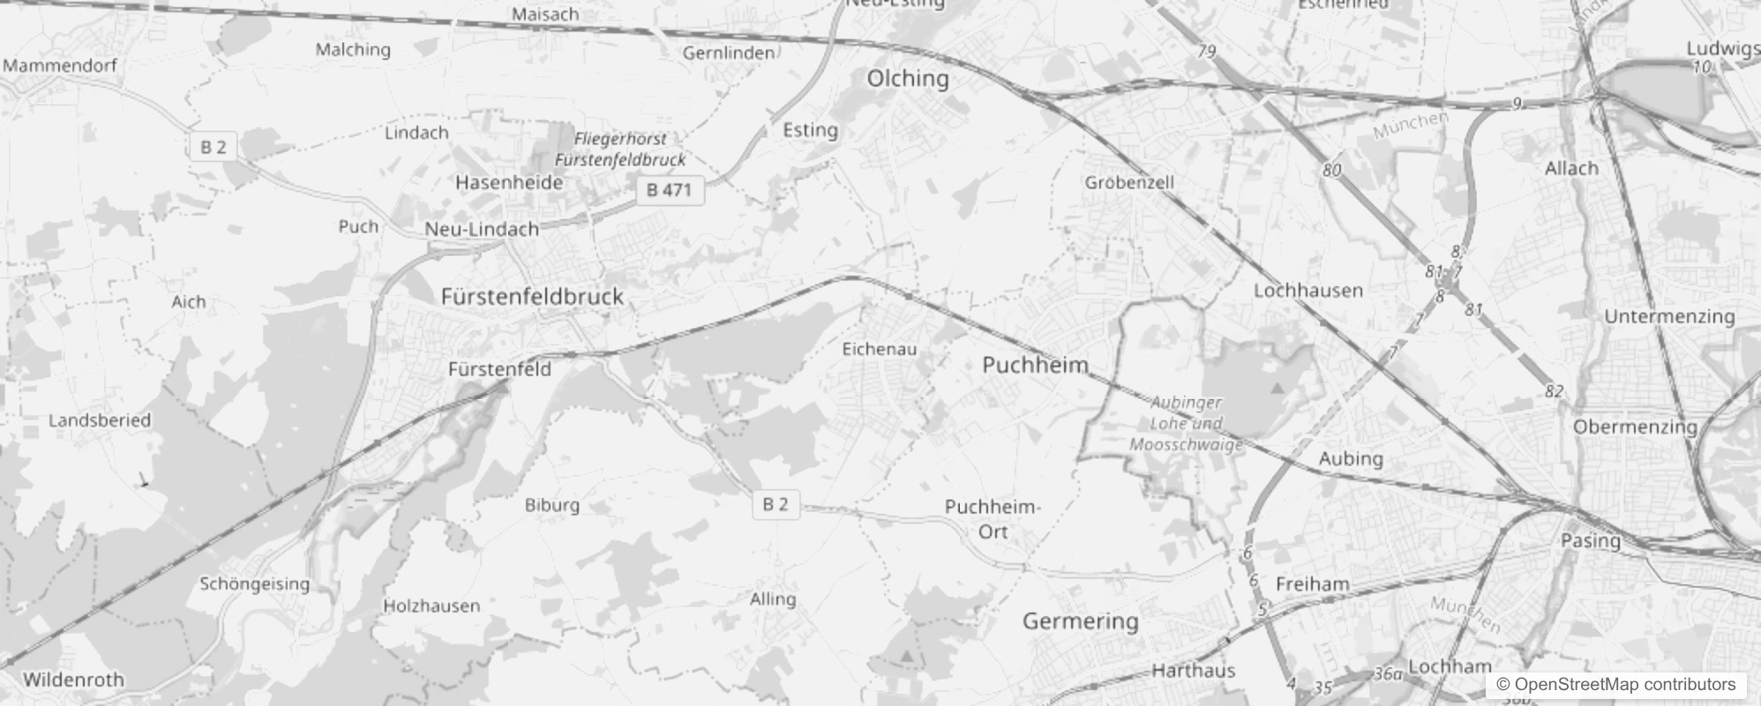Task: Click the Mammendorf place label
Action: click(60, 65)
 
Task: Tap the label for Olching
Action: click(908, 79)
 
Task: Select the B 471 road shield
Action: click(670, 190)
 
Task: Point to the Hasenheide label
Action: click(509, 183)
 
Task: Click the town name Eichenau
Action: click(879, 349)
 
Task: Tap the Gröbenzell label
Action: click(1129, 183)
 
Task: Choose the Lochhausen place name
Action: click(1308, 290)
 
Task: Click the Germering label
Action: click(1080, 621)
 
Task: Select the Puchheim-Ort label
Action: click(993, 519)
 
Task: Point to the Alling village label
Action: click(772, 599)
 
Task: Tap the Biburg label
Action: click(551, 506)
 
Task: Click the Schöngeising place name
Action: click(254, 584)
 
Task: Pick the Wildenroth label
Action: click(73, 680)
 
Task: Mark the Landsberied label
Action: click(100, 421)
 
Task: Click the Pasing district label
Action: click(1590, 540)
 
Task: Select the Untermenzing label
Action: click(1668, 317)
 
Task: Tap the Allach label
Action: click(1571, 169)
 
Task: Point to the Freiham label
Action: click(1312, 584)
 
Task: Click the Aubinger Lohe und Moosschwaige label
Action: click(1186, 424)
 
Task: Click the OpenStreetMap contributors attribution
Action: click(1615, 685)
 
